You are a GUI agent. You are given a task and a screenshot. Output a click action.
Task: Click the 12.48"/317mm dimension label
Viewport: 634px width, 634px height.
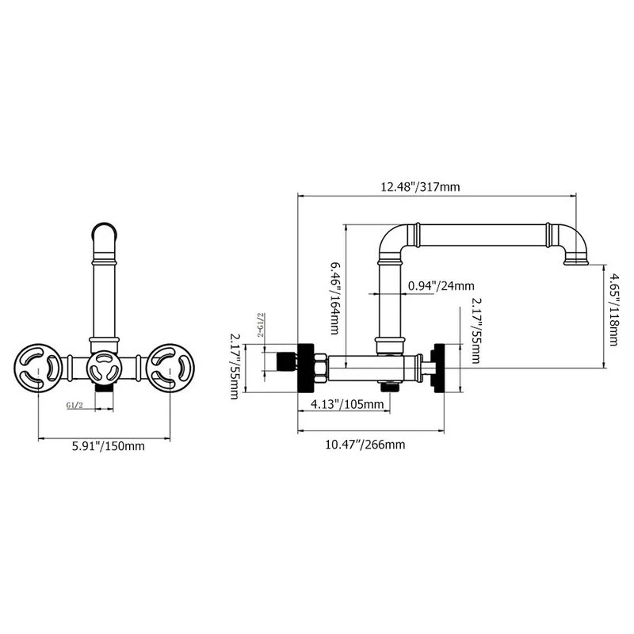click(420, 187)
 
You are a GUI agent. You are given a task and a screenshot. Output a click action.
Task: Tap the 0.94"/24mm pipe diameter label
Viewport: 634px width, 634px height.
click(441, 285)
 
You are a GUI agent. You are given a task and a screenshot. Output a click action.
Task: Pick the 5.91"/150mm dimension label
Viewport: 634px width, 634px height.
click(107, 446)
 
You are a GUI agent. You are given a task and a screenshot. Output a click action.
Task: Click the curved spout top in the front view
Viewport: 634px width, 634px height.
click(106, 231)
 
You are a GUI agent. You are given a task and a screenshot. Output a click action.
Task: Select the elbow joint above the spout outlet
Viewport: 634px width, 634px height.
click(571, 238)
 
